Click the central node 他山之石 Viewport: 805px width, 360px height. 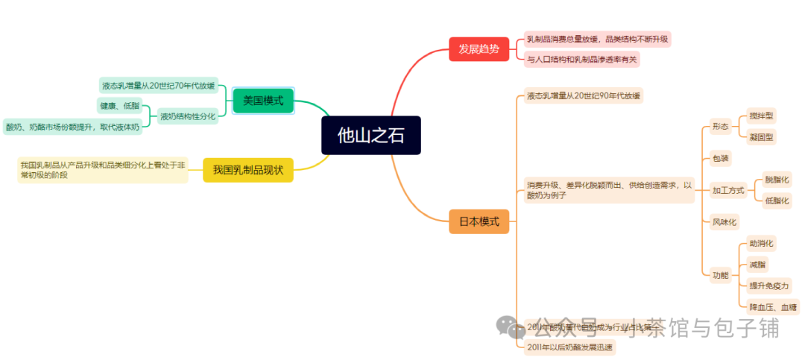click(x=371, y=136)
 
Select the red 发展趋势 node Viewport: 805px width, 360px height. click(x=479, y=49)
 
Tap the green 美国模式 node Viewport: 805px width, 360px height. click(x=263, y=101)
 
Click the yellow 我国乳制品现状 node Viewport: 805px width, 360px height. click(x=248, y=170)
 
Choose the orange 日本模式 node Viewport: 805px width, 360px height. click(x=479, y=221)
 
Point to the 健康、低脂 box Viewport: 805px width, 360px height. click(x=119, y=105)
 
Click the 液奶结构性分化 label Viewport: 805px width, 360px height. click(x=187, y=116)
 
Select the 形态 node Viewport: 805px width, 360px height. click(x=720, y=127)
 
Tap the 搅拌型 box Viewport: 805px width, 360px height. click(x=762, y=116)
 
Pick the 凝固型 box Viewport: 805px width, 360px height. click(x=762, y=136)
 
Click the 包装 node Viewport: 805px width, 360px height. click(x=721, y=158)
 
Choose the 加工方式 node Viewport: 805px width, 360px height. click(x=728, y=190)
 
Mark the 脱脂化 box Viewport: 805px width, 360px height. click(x=777, y=180)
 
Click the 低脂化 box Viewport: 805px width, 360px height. click(x=777, y=200)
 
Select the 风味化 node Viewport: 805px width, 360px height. click(x=724, y=221)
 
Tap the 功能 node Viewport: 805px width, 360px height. click(x=720, y=275)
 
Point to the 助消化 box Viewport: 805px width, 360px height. click(x=762, y=243)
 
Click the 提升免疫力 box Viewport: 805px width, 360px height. click(x=768, y=285)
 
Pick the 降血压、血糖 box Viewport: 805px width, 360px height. click(x=773, y=306)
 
